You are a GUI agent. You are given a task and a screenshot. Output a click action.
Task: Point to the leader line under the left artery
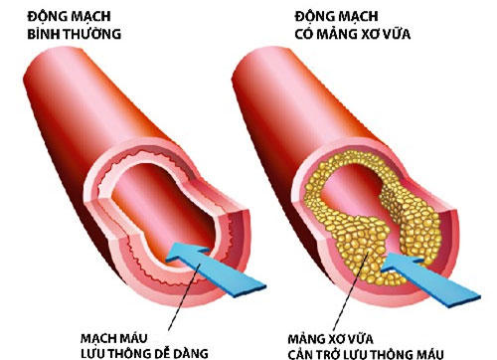point(120,308)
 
